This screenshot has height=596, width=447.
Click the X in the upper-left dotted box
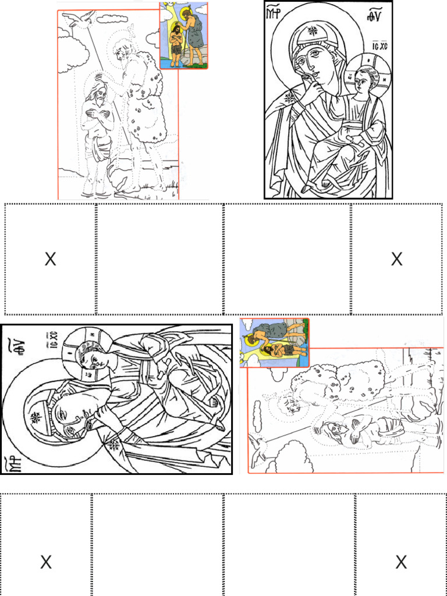tap(51, 260)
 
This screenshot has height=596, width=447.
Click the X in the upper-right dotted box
tap(396, 260)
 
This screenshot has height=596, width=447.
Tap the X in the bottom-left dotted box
tap(46, 562)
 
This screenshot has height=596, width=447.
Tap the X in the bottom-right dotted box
tap(401, 562)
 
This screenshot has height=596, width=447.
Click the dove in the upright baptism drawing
tap(79, 19)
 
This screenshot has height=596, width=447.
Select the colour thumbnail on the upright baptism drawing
tap(183, 36)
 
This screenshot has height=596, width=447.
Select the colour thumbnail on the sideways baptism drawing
tap(274, 342)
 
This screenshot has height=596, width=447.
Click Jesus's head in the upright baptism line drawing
tap(100, 96)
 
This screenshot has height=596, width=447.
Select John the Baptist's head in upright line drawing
tap(120, 54)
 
